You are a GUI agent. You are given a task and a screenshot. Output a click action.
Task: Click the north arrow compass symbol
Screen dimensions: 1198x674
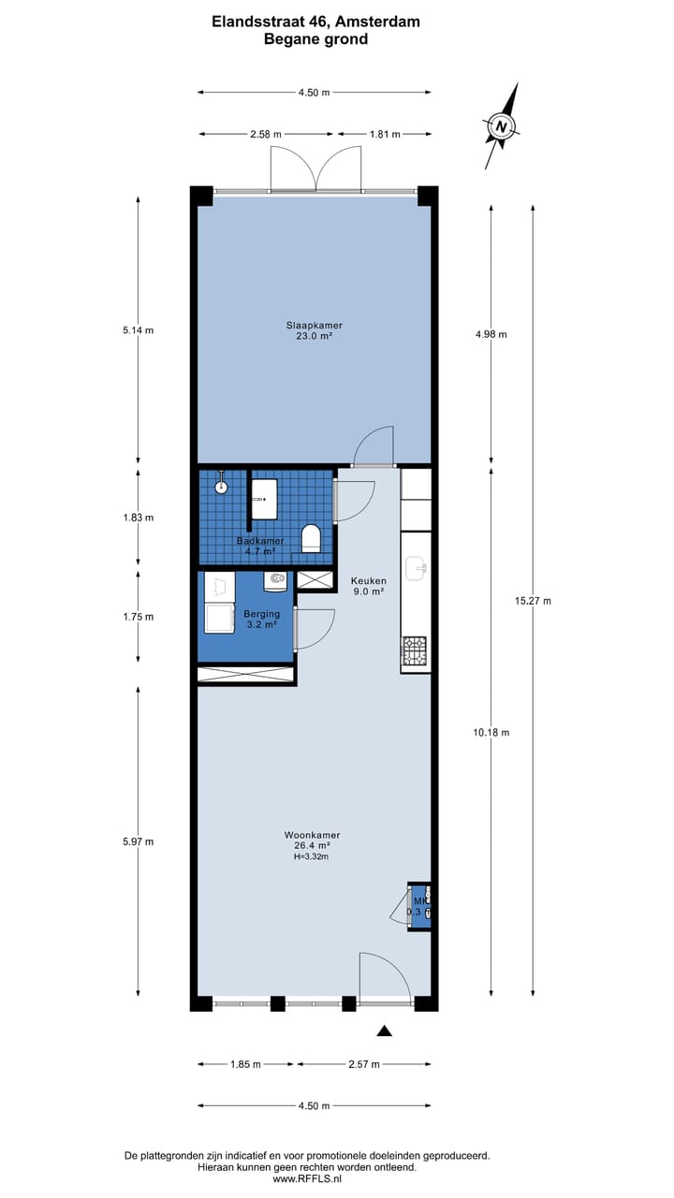502,126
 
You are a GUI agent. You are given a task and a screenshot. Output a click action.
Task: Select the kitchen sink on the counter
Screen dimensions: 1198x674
417,567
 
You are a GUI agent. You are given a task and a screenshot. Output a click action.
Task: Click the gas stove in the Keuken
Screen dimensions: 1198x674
415,650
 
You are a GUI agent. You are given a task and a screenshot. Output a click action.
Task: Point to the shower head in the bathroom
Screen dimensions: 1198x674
222,486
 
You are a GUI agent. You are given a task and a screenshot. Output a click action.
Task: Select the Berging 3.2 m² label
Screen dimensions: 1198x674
261,619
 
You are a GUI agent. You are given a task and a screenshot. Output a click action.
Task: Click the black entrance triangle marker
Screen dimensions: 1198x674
384,1031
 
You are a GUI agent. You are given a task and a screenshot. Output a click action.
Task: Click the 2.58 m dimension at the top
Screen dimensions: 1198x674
267,134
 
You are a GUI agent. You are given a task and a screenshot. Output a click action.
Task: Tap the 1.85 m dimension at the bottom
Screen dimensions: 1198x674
245,1064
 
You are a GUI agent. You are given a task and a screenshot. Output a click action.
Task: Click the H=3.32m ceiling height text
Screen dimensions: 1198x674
312,856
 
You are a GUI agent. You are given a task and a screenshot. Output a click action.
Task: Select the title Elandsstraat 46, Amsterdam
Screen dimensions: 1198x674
315,22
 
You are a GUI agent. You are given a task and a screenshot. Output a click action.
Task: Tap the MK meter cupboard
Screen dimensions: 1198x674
418,906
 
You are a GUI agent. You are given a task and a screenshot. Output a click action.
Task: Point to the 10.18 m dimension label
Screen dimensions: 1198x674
491,732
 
